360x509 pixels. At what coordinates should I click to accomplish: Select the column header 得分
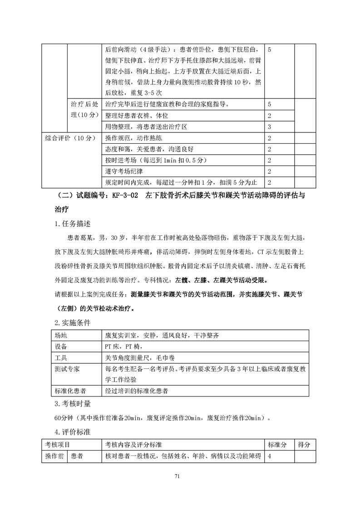304,445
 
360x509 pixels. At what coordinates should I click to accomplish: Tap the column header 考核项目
58,445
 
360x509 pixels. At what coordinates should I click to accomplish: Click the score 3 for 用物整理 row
270,126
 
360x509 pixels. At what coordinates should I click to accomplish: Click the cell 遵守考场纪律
125,171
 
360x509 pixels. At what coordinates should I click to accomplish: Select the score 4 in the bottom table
270,456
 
